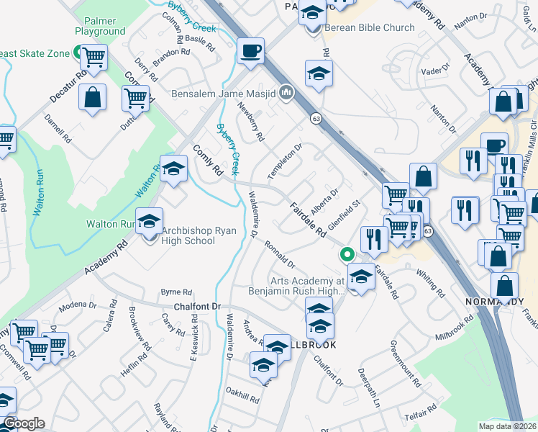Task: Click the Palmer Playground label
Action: (100, 27)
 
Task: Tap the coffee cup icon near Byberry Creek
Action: (250, 51)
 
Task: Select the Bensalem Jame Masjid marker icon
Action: (286, 92)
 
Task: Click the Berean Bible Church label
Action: (370, 28)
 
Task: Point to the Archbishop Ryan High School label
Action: (188, 235)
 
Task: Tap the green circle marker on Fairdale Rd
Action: (347, 254)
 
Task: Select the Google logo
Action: (23, 423)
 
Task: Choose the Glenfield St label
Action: (343, 216)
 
